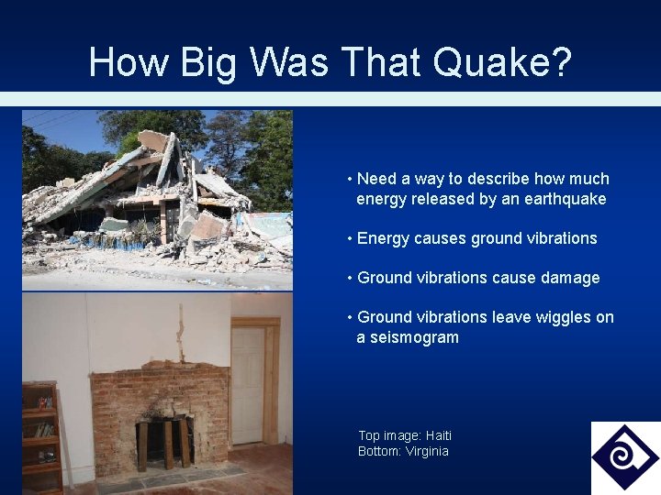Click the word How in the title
118,62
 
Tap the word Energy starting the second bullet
383,238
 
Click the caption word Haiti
434,435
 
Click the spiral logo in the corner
624,456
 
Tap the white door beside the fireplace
248,385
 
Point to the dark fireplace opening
165,441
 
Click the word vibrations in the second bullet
561,238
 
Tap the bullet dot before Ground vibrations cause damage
351,278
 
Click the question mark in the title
560,62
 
